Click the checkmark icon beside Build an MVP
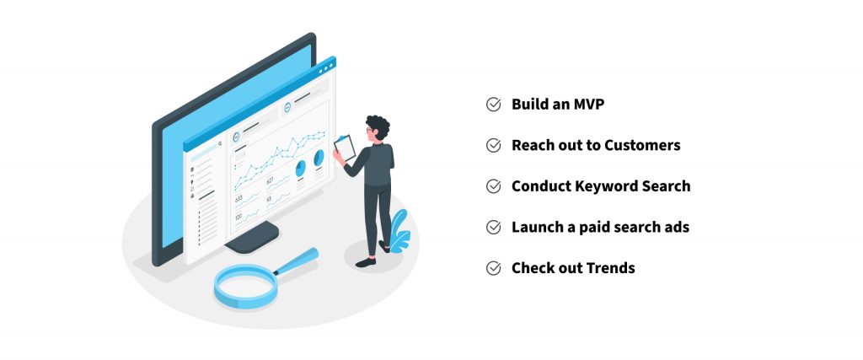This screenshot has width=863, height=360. pyautogui.click(x=494, y=104)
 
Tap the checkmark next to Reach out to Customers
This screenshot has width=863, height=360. pyautogui.click(x=494, y=145)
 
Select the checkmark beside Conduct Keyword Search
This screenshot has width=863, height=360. pyautogui.click(x=494, y=186)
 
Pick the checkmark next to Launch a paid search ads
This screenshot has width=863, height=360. pyautogui.click(x=494, y=227)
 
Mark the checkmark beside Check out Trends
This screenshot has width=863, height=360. pyautogui.click(x=494, y=268)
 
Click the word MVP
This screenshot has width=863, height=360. pyautogui.click(x=587, y=104)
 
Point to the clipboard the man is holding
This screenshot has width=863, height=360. pyautogui.click(x=345, y=148)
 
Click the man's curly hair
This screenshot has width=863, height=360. pyautogui.click(x=378, y=126)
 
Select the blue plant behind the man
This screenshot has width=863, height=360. pyautogui.click(x=399, y=231)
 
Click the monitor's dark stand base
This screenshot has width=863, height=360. pyautogui.click(x=252, y=238)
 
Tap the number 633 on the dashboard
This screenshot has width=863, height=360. pyautogui.click(x=239, y=199)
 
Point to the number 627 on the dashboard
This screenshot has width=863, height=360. pyautogui.click(x=271, y=181)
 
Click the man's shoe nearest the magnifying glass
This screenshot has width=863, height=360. pyautogui.click(x=366, y=262)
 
